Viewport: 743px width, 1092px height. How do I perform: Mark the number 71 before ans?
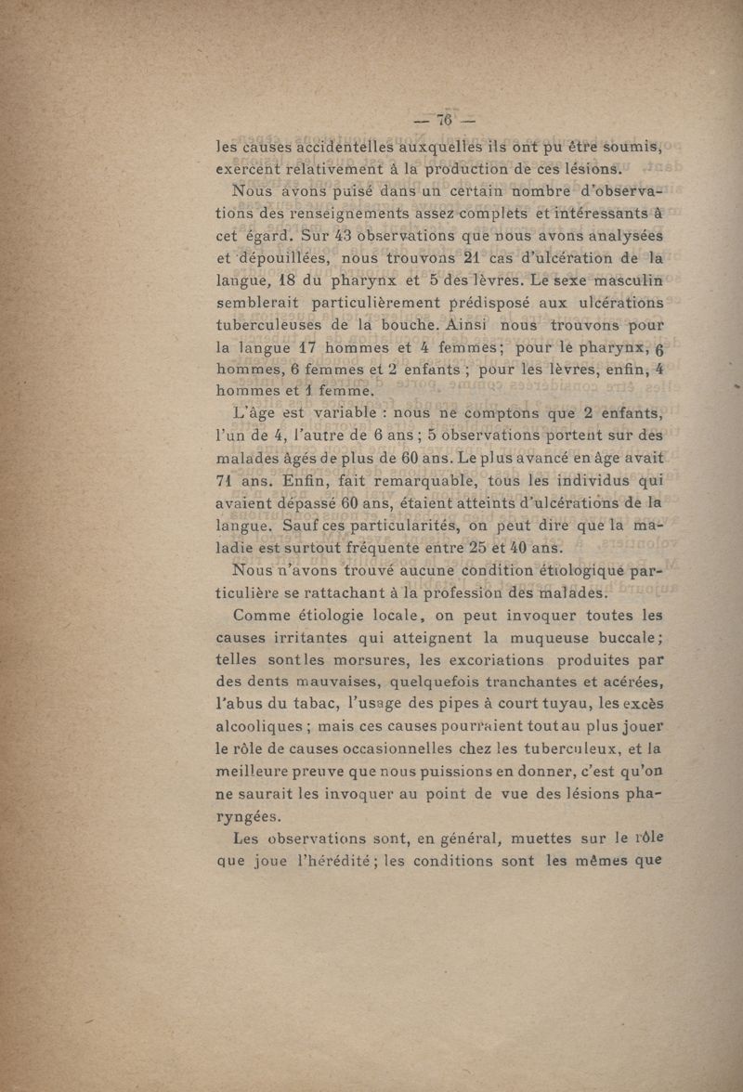(228, 480)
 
